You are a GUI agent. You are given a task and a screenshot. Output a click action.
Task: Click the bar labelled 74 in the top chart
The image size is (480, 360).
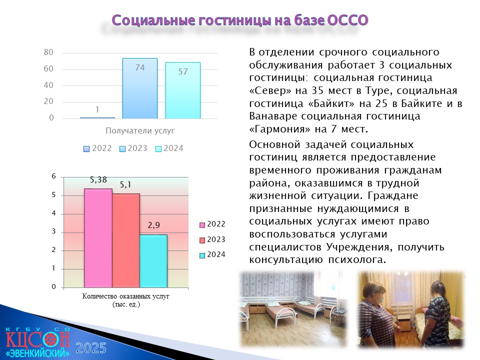coord(140,88)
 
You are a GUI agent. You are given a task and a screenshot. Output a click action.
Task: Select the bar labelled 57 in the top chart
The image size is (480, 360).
coord(183,90)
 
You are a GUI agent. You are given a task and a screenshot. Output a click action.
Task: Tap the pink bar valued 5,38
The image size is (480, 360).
coord(98,238)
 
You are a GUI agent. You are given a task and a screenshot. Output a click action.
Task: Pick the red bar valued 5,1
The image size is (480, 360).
coord(126,240)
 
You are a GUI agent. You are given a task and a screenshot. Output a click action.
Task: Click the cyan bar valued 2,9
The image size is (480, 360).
coord(153,261)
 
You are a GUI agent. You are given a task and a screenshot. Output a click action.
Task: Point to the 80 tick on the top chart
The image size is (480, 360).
coord(48,52)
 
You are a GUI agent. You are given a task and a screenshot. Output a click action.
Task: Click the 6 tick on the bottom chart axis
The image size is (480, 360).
coord(54,176)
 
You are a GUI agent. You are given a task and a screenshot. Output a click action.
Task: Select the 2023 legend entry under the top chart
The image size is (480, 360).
coord(133,148)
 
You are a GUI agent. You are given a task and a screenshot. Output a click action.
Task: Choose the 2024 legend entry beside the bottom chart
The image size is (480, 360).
coord(212,254)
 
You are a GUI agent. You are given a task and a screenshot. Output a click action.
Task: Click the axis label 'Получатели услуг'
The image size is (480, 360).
coord(140,130)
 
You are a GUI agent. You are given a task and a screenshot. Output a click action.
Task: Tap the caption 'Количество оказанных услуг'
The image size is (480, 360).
coord(125,296)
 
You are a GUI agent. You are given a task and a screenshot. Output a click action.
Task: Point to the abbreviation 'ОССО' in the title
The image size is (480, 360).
coord(347,20)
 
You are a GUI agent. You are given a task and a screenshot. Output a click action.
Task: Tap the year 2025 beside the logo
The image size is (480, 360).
coord(91,348)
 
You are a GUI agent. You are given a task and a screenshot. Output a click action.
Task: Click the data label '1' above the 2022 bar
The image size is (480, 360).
coord(97,109)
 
